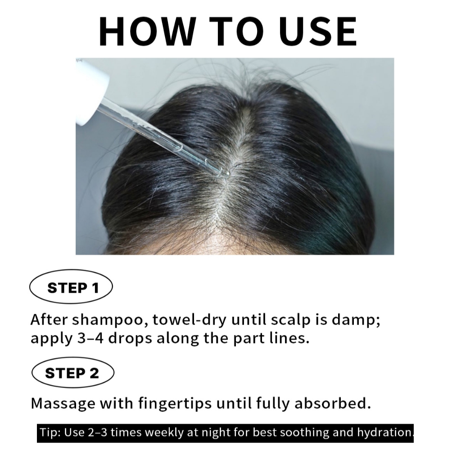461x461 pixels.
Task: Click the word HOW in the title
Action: click(148, 32)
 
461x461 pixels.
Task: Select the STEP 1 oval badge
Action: click(71, 287)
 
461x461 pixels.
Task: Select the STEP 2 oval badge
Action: click(72, 373)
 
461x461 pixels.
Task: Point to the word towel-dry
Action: click(190, 320)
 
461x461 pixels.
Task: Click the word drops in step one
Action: click(130, 339)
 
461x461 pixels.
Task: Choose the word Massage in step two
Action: click(63, 404)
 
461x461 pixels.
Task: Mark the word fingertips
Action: click(175, 404)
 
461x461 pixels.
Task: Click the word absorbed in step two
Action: click(333, 403)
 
